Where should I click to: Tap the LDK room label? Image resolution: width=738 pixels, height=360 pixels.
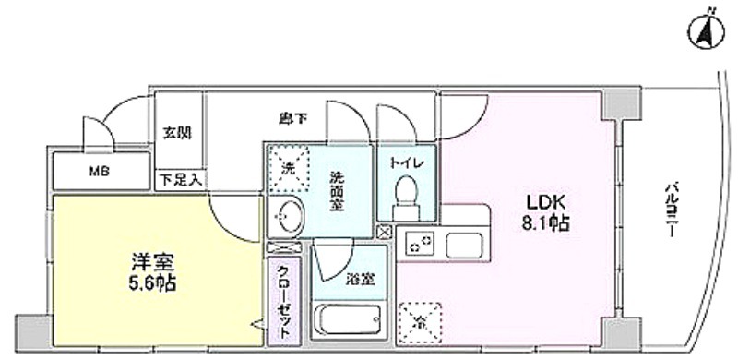(x=545, y=202)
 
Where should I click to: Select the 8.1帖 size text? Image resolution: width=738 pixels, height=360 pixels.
(x=545, y=223)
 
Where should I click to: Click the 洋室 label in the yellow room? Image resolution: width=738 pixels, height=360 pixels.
(x=153, y=262)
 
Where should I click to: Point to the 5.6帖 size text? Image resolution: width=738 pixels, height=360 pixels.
(x=153, y=283)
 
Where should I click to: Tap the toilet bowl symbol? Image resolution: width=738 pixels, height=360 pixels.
(x=405, y=198)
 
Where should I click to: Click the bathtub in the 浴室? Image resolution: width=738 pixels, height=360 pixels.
(x=350, y=319)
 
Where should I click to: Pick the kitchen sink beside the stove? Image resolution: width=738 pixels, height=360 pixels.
(x=465, y=245)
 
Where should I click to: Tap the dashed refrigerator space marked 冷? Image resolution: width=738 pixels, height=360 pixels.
(x=420, y=323)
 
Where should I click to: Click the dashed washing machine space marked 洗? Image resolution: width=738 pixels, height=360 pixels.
(x=288, y=169)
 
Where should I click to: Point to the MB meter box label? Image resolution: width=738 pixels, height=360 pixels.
(x=100, y=172)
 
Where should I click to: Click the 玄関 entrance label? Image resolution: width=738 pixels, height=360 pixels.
(x=177, y=133)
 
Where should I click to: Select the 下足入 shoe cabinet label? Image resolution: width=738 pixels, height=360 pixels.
(x=181, y=179)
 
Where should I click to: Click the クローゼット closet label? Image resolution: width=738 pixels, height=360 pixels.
(x=284, y=302)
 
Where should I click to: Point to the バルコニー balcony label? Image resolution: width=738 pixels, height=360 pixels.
(x=671, y=210)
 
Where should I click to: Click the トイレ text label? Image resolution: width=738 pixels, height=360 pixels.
(x=407, y=163)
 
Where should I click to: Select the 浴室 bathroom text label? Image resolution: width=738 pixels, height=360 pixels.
(x=360, y=280)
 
